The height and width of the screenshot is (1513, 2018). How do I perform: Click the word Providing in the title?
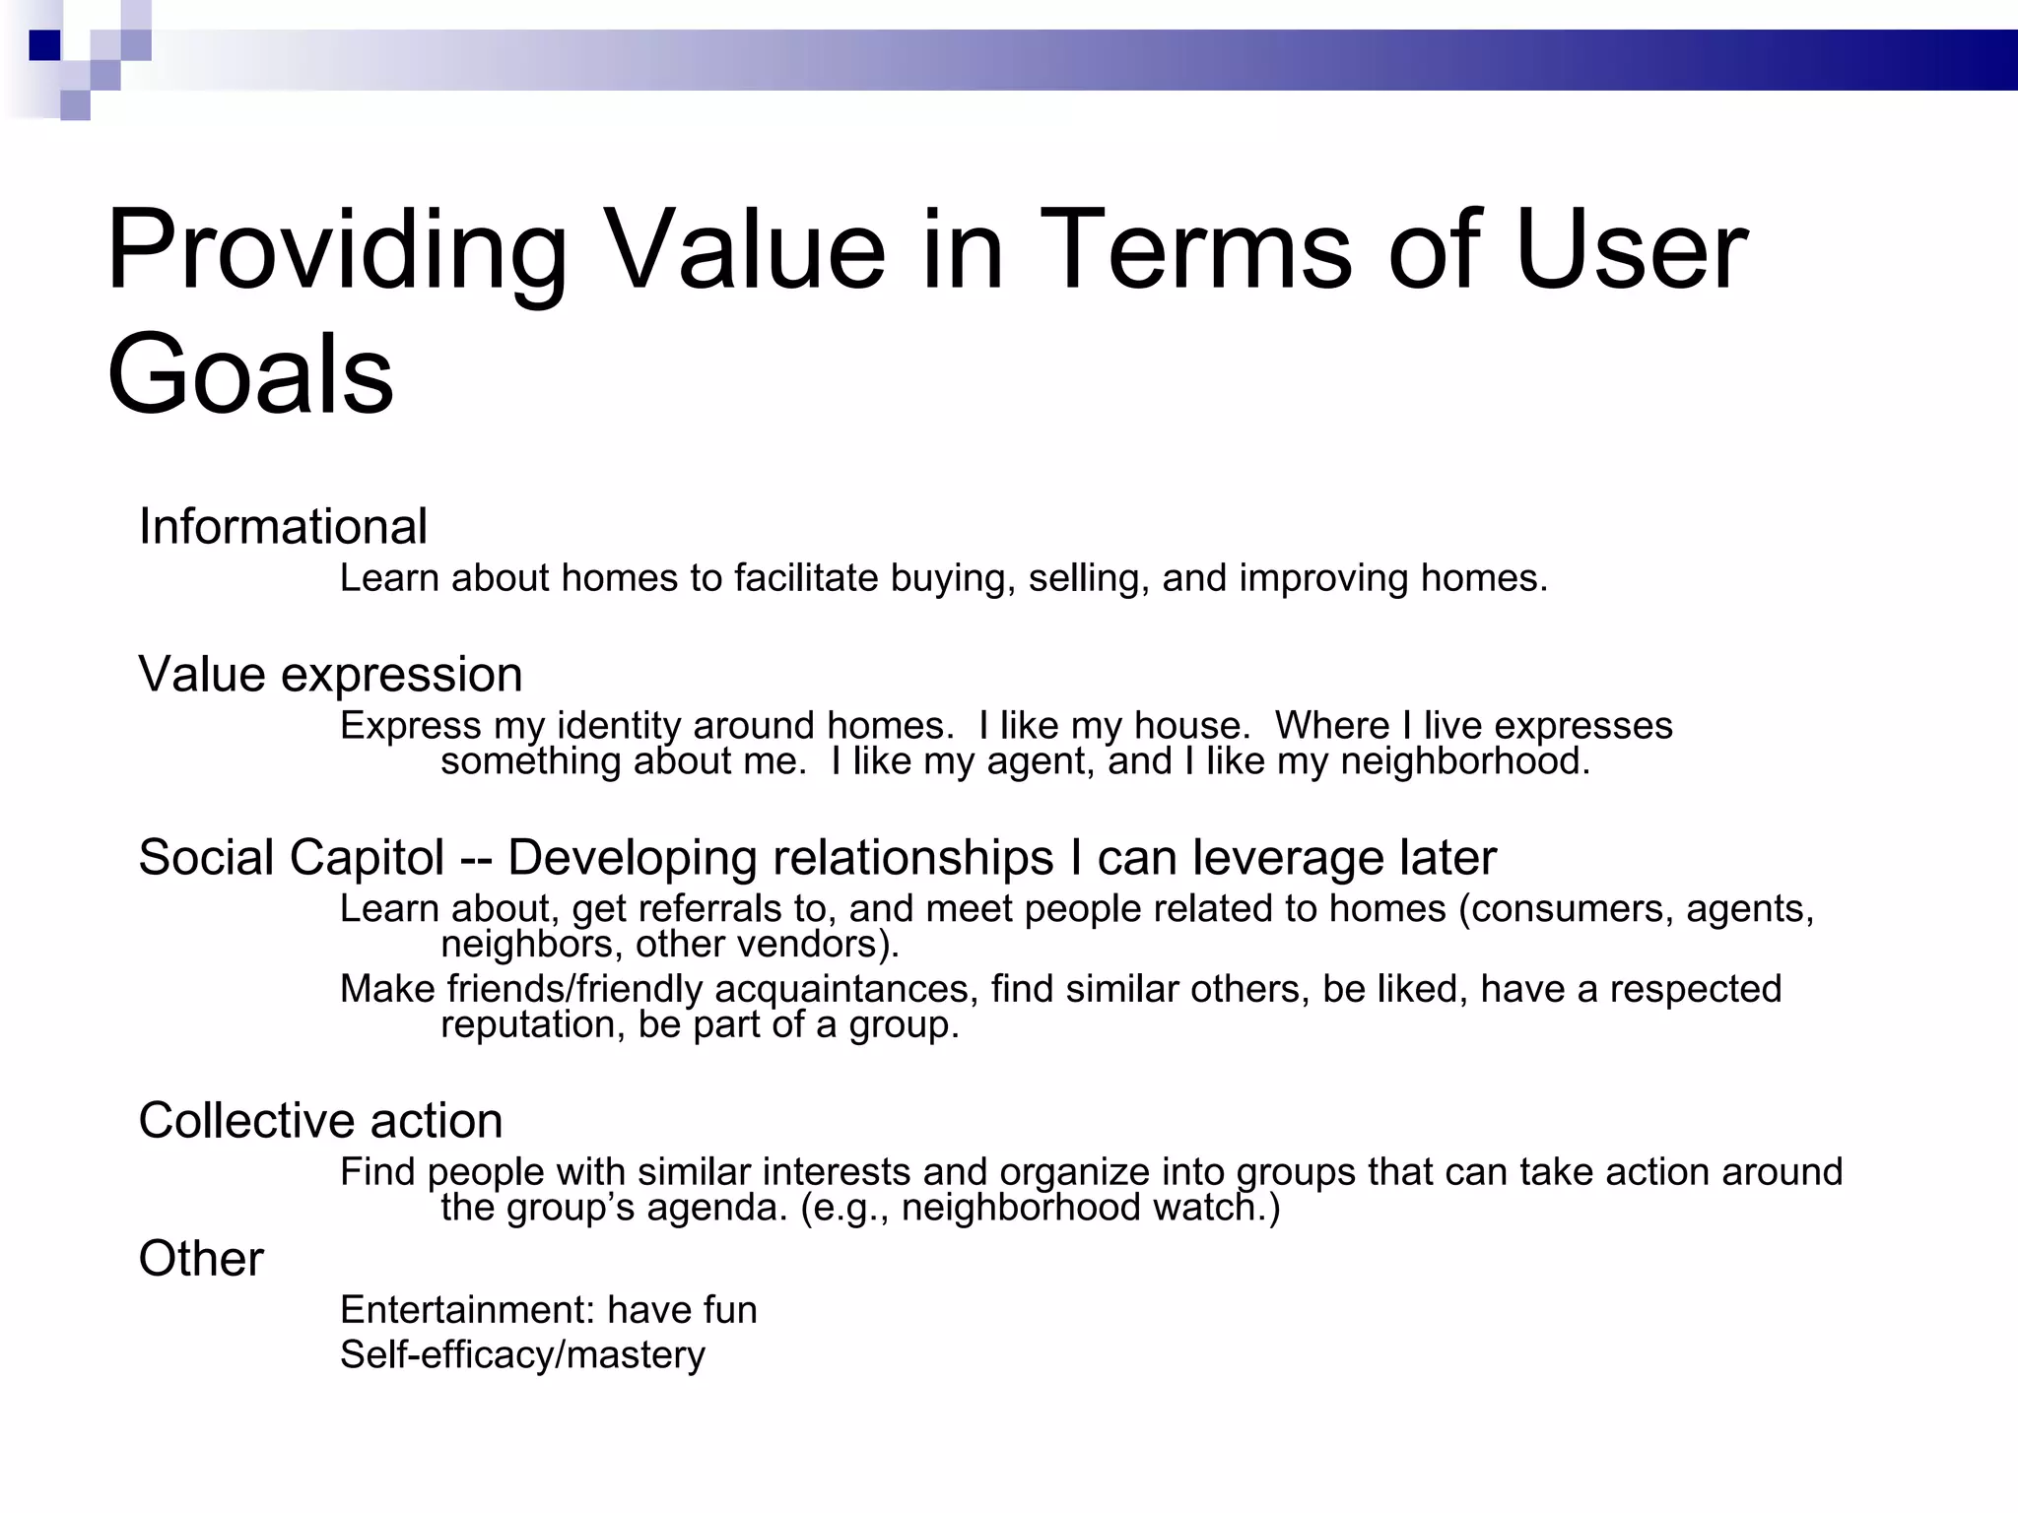(x=336, y=251)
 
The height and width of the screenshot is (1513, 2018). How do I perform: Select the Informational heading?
(x=283, y=526)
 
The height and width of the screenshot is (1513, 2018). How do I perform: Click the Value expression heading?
(x=330, y=675)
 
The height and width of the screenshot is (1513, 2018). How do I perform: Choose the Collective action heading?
(x=320, y=1121)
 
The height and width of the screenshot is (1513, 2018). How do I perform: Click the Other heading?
(x=201, y=1259)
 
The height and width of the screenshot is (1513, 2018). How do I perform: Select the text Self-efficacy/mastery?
(x=522, y=1355)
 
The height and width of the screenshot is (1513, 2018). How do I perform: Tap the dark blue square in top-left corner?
(x=45, y=45)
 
